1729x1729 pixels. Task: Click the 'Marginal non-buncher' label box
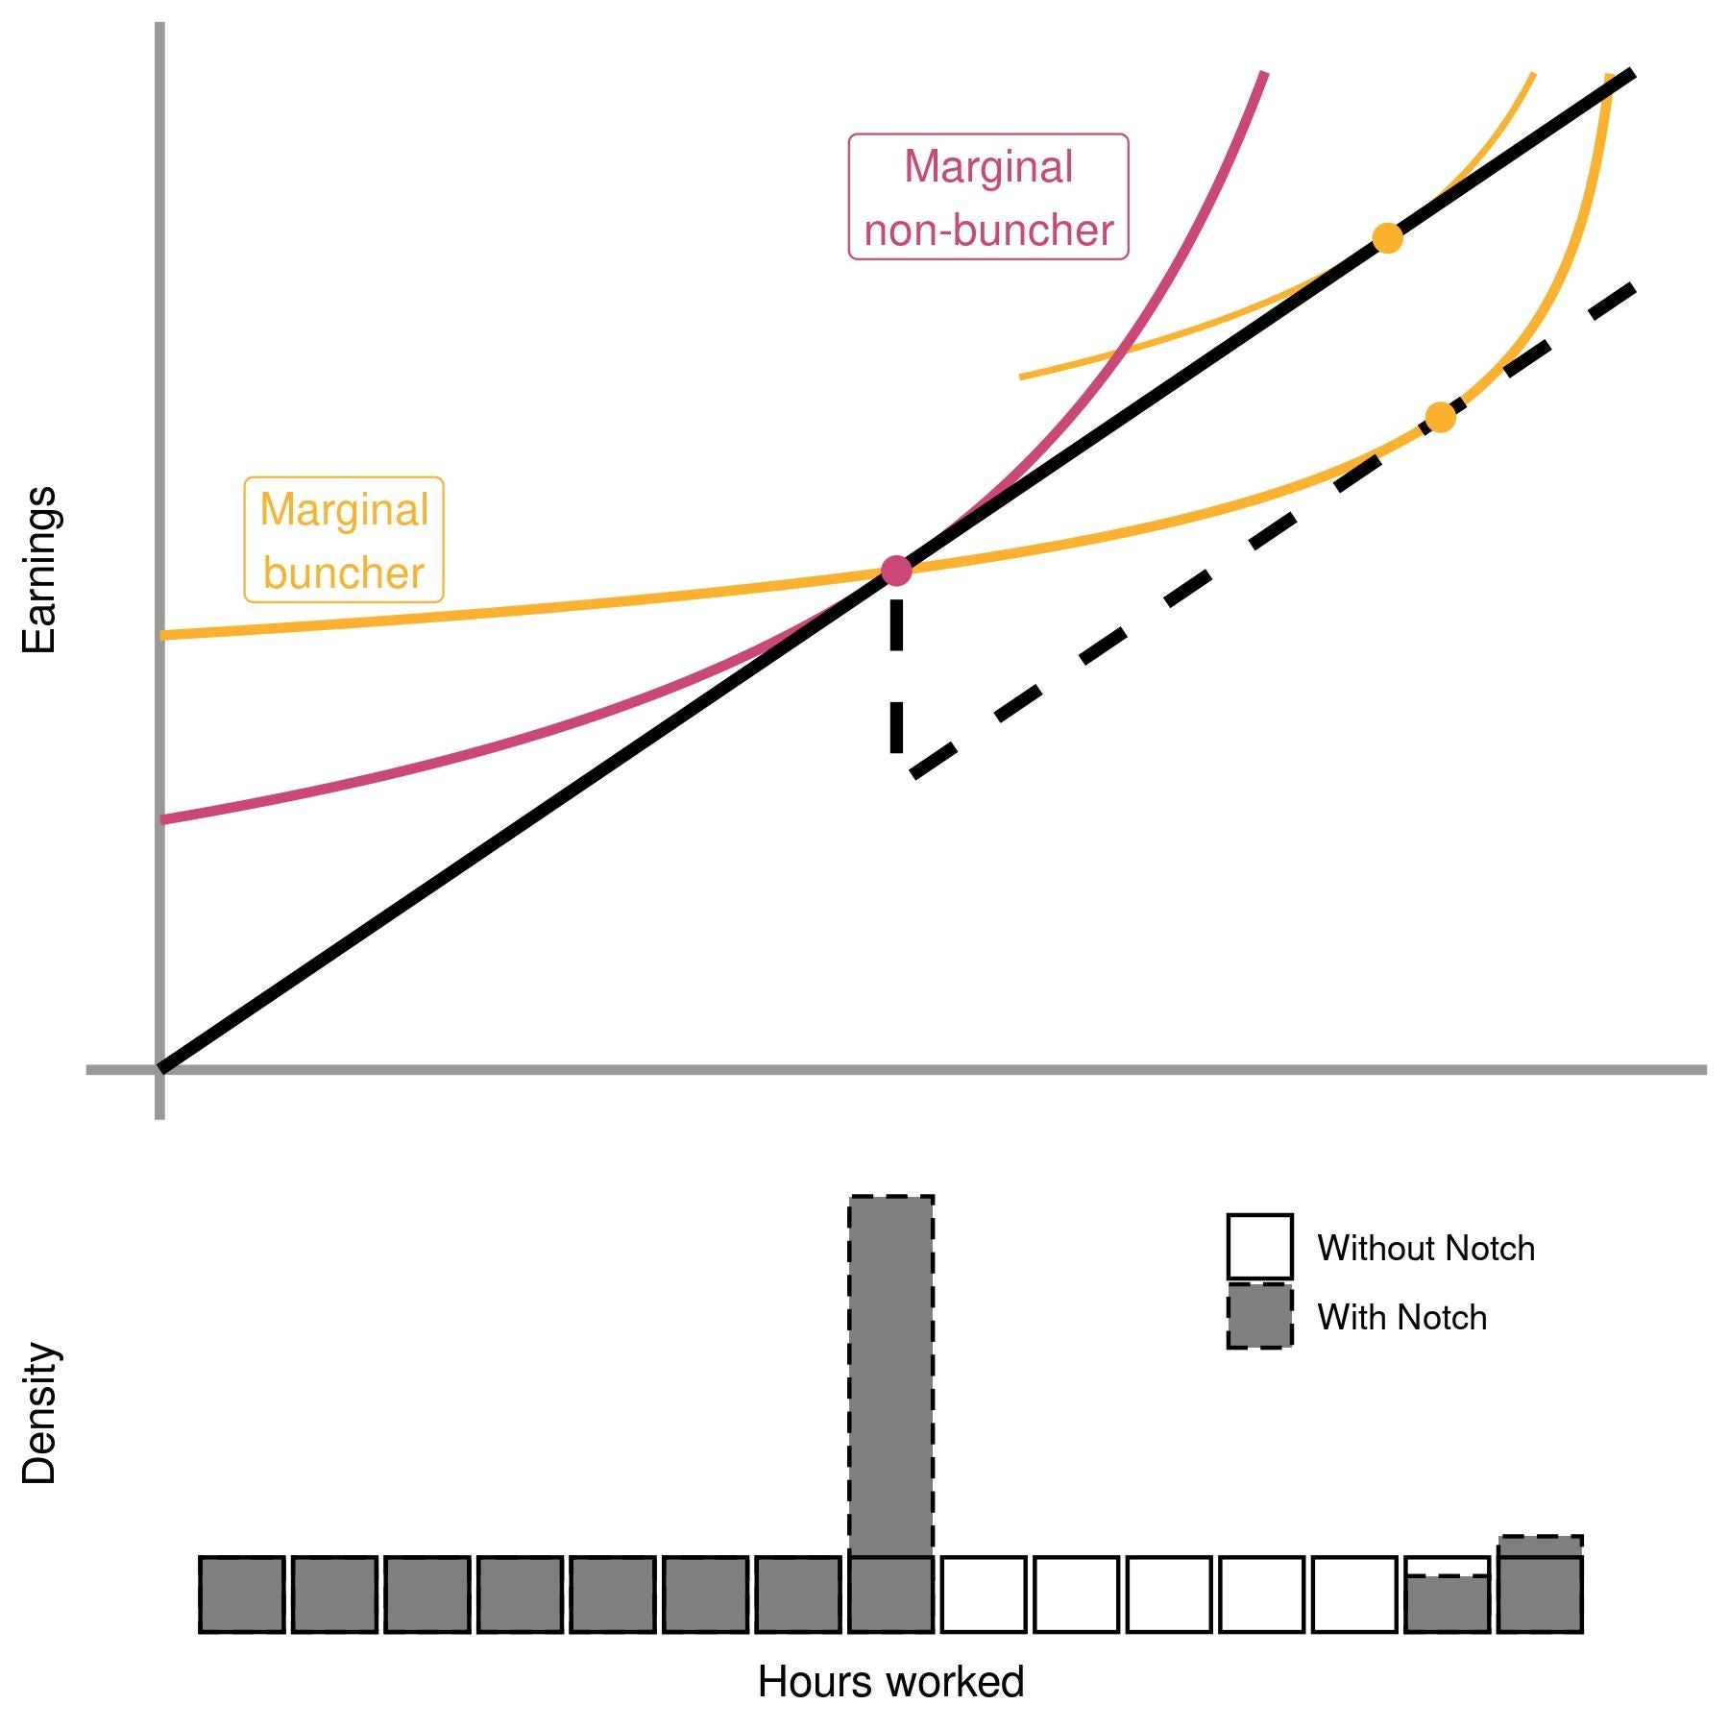(x=987, y=197)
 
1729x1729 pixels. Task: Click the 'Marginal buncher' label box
(x=344, y=540)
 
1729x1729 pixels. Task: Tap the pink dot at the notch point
(x=895, y=571)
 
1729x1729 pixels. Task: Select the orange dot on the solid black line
(x=1387, y=238)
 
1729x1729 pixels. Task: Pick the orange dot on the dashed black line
(x=1440, y=418)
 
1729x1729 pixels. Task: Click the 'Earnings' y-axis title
(x=39, y=570)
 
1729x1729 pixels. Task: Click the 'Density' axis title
(x=39, y=1413)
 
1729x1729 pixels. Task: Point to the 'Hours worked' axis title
(x=890, y=1682)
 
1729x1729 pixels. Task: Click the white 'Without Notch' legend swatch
(x=1259, y=1247)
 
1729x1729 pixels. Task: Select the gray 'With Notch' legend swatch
(x=1259, y=1316)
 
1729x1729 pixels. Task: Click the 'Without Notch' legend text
(x=1425, y=1248)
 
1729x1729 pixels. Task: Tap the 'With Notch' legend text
(x=1401, y=1317)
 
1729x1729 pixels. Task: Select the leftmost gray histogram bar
(x=241, y=1595)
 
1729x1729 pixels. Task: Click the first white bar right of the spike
(x=984, y=1595)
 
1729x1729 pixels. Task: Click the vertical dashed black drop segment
(x=896, y=672)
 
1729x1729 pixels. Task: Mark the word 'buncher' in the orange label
(x=344, y=573)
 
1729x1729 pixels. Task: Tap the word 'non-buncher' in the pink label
(x=988, y=231)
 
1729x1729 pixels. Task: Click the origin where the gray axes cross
(x=159, y=1068)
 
